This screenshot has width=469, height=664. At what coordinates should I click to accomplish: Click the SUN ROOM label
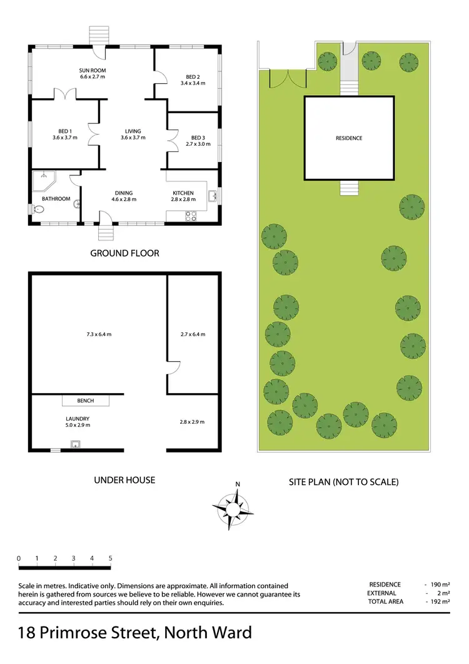[92, 69]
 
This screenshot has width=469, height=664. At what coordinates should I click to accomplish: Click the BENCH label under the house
[85, 400]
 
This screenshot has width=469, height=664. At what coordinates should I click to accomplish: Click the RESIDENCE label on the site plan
[348, 138]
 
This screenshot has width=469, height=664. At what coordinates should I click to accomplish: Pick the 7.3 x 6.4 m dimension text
[99, 334]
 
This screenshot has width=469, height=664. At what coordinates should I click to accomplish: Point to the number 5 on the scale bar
[110, 558]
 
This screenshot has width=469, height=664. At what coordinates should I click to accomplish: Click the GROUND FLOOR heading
[124, 253]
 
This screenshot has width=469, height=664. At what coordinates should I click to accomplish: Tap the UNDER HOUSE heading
[124, 480]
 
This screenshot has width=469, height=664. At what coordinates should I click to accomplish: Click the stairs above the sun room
[98, 34]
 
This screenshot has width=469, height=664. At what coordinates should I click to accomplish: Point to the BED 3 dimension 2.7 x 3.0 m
[198, 144]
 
